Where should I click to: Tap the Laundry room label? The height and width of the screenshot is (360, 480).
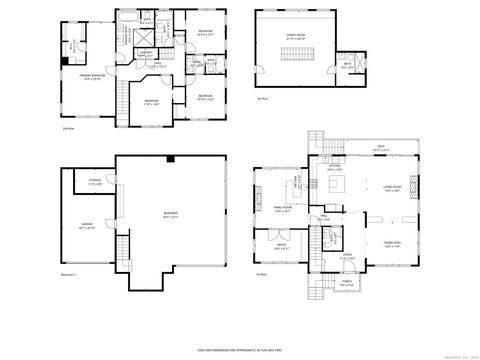click(144, 52)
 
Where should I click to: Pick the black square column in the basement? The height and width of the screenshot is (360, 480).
click(171, 159)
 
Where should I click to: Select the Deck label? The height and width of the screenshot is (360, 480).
click(381, 149)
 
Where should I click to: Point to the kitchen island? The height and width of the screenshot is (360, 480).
click(337, 186)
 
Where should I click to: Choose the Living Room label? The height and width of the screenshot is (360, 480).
click(392, 189)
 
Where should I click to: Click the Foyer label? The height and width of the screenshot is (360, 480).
click(347, 256)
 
